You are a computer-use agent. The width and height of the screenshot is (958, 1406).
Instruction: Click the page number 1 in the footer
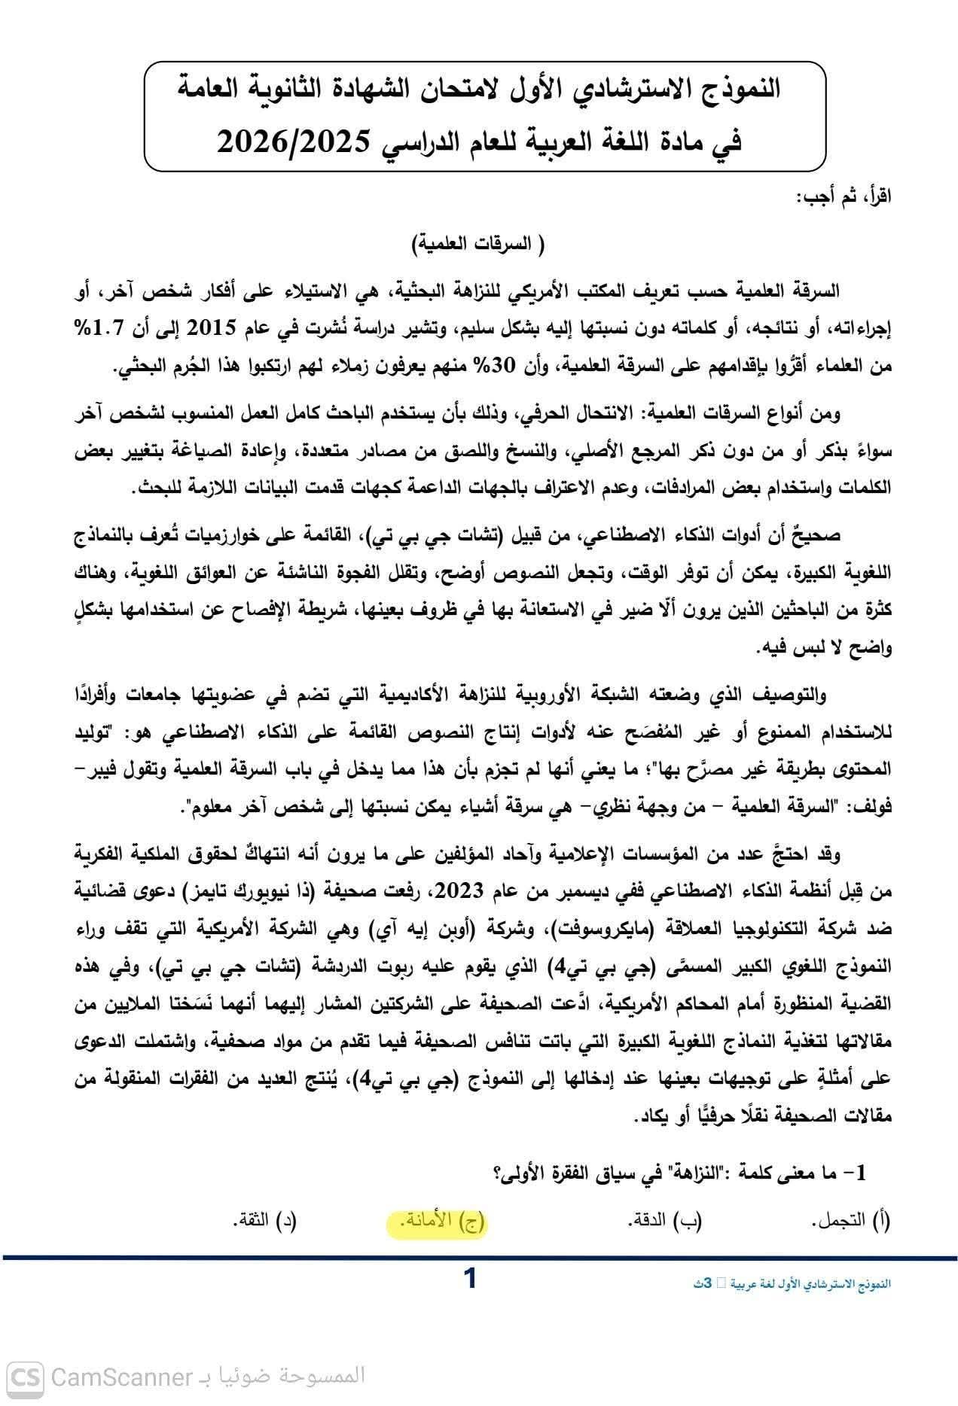(x=471, y=1278)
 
